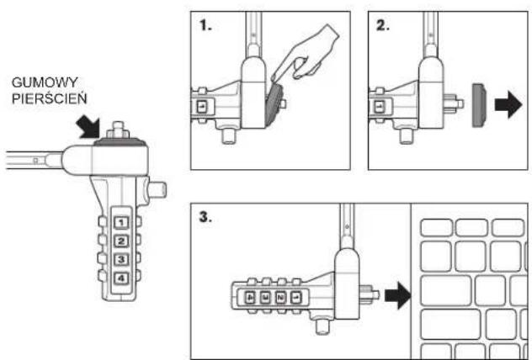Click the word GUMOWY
tap(45, 82)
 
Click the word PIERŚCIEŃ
tap(50, 98)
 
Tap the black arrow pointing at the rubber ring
tap(88, 127)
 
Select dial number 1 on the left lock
tap(121, 222)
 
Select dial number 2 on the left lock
tap(121, 241)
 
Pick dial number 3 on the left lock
tap(121, 259)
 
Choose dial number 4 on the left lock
tap(121, 278)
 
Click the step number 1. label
tap(205, 25)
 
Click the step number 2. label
tap(383, 25)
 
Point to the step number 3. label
tap(205, 217)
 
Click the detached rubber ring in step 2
tap(478, 105)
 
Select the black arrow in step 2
tap(508, 105)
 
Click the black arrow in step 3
tap(397, 295)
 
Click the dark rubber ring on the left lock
tap(120, 142)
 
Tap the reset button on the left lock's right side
tap(157, 189)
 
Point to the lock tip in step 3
tap(369, 294)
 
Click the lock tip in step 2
tap(454, 103)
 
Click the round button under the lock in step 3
tap(322, 326)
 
